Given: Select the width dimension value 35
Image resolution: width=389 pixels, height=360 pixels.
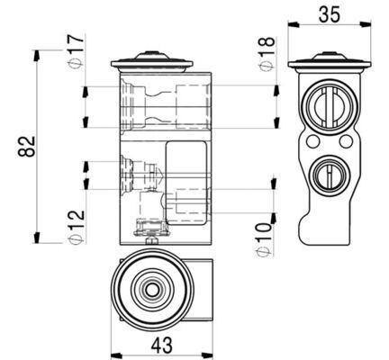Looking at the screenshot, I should [x=330, y=13].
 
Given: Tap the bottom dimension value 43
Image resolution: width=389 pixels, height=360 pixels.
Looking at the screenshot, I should [x=162, y=343].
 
